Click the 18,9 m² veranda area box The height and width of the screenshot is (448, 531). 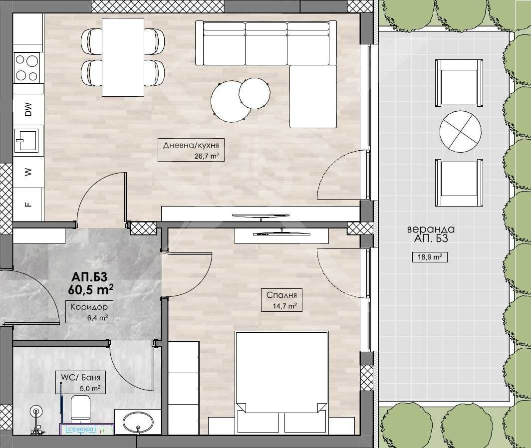[x=429, y=257]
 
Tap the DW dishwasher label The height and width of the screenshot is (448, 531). [x=28, y=109]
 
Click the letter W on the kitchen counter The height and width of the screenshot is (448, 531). [x=28, y=172]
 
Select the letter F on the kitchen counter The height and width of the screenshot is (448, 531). [x=28, y=204]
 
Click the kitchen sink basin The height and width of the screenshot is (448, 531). [x=27, y=140]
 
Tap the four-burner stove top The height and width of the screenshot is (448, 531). [x=27, y=68]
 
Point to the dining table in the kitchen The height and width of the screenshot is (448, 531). [x=123, y=57]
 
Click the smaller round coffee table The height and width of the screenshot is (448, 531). [x=255, y=93]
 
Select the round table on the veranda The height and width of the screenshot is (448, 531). [x=460, y=130]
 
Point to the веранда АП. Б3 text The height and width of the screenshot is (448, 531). [x=431, y=234]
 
